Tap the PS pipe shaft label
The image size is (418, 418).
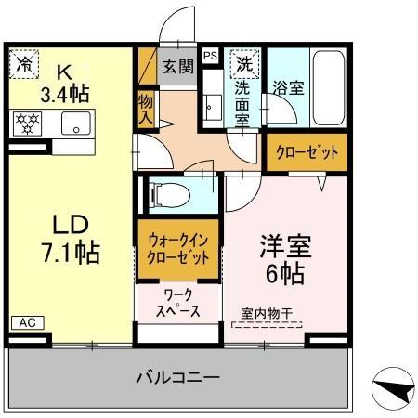tap(210, 56)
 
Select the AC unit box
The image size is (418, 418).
tap(26, 322)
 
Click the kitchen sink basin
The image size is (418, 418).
tap(77, 121)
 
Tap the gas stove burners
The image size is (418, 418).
tap(28, 121)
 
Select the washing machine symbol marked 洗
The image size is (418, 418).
tap(243, 65)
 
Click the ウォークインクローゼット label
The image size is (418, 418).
tap(178, 248)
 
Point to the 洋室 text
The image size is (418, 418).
tap(283, 249)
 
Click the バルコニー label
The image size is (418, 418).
tap(178, 377)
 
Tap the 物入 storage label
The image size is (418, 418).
tap(145, 111)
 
